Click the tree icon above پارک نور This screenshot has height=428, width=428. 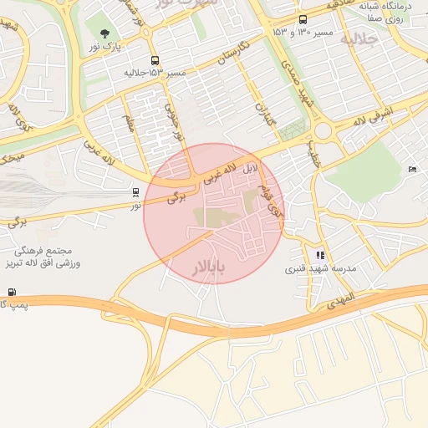104,33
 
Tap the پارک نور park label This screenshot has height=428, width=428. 106,47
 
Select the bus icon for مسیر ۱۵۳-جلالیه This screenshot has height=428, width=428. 155,61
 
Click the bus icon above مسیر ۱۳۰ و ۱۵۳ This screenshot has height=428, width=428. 302,19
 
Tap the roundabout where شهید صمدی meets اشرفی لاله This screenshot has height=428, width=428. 324,130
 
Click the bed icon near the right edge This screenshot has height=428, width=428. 413,170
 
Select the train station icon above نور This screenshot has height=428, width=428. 135,192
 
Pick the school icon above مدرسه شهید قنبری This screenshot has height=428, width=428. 320,255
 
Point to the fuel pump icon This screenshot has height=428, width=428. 12,292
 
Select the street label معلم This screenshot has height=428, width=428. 130,125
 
